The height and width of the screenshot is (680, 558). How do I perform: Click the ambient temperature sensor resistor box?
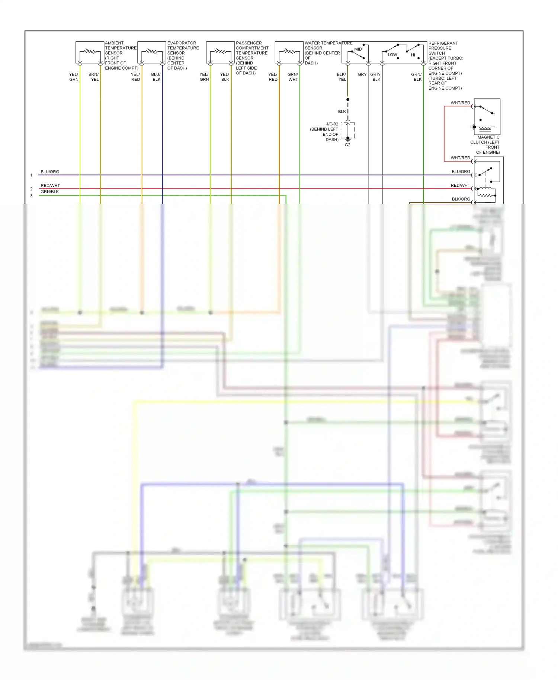point(90,52)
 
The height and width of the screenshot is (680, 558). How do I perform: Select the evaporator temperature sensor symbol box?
point(151,52)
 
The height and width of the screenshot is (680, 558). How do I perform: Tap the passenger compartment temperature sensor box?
point(220,52)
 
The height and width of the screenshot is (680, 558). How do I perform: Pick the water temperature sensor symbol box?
point(289,52)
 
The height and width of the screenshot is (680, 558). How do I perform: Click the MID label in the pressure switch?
point(358,49)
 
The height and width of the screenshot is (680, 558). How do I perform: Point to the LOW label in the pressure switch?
point(392,55)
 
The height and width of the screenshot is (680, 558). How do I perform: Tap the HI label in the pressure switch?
point(413,55)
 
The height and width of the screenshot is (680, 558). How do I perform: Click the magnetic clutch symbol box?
point(487,116)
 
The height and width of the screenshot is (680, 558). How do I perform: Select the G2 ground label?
point(347,145)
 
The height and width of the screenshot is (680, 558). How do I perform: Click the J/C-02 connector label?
point(332,124)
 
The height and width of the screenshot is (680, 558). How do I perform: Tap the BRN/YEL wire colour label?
point(94,77)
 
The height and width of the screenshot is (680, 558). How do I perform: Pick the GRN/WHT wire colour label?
point(293,77)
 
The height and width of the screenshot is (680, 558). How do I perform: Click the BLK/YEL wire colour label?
point(341,77)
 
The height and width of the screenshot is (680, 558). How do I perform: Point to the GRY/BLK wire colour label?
point(376,77)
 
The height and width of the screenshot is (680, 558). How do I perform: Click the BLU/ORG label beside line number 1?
point(50,172)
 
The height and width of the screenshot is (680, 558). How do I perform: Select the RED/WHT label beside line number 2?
point(50,186)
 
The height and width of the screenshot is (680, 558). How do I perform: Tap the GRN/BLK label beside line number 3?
point(50,192)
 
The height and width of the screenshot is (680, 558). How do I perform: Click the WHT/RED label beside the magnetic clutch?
point(460,103)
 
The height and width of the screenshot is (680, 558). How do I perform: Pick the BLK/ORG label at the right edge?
point(461,199)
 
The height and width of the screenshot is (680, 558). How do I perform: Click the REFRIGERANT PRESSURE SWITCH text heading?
point(443,48)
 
